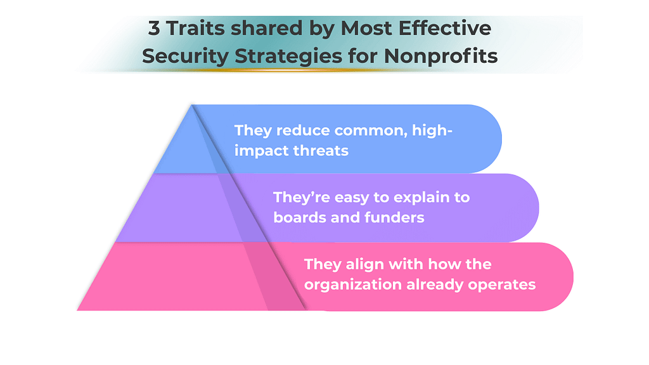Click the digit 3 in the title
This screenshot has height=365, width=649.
[x=154, y=29]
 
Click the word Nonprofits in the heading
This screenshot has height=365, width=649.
[x=441, y=56]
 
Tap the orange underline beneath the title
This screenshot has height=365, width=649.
[x=320, y=70]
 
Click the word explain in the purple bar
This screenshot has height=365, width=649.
[x=418, y=197]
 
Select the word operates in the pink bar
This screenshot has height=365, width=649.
[x=502, y=284]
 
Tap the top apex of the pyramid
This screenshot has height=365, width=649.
[x=191, y=105]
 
